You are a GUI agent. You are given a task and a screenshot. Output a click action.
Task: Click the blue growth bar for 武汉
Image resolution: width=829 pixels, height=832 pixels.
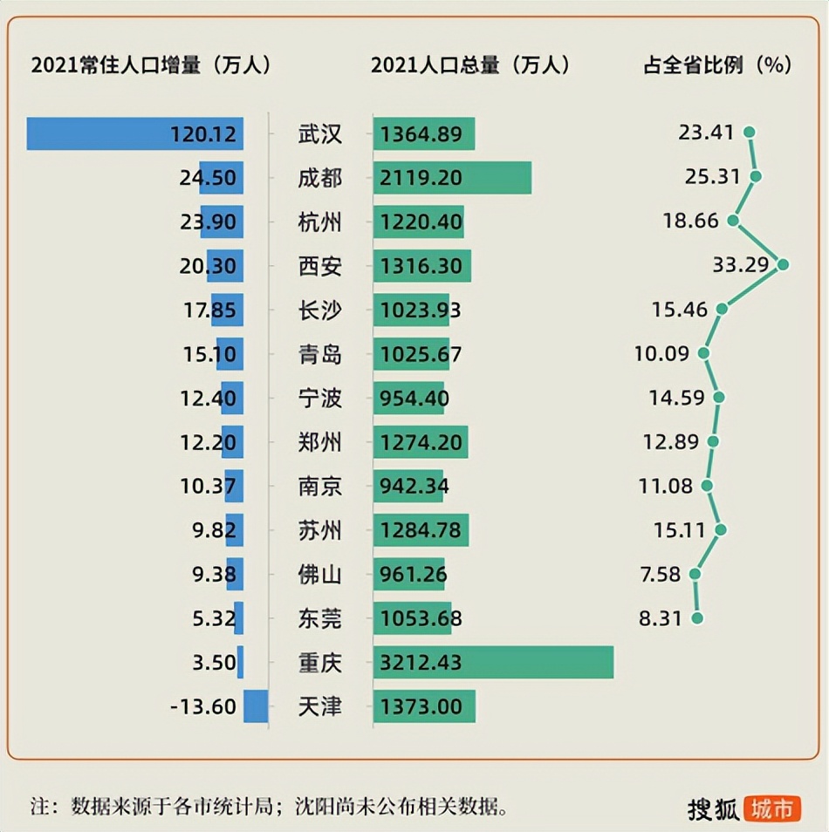click(x=134, y=133)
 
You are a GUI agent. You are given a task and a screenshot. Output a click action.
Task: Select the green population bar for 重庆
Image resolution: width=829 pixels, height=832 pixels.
click(x=493, y=662)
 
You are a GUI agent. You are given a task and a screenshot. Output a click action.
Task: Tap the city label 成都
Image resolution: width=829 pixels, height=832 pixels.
click(x=319, y=178)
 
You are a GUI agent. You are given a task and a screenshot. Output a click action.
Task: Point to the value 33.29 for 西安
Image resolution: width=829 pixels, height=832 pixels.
click(x=740, y=265)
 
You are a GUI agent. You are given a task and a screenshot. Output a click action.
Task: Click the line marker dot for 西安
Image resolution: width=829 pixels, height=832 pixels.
click(x=783, y=264)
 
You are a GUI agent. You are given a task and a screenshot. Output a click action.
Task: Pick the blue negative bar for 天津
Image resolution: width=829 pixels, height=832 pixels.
click(x=256, y=706)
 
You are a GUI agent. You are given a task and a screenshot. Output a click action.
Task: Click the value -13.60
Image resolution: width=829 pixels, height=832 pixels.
click(x=203, y=706)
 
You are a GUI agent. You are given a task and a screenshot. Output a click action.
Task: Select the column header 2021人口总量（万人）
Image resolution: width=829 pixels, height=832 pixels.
click(x=469, y=65)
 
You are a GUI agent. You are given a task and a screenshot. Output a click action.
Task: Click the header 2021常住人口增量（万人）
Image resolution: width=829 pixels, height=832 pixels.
click(x=151, y=65)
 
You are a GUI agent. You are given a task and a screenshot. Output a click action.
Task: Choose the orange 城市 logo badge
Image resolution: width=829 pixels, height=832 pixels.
click(x=772, y=808)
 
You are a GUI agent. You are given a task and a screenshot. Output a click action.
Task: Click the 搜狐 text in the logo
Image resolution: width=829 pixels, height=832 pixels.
click(x=713, y=808)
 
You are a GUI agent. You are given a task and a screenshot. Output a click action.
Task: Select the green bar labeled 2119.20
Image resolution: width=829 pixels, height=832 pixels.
click(x=452, y=178)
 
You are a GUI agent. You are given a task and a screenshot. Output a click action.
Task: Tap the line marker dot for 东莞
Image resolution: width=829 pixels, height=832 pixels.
click(x=696, y=618)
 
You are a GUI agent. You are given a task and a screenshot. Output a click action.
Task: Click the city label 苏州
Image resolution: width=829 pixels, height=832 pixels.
click(x=319, y=530)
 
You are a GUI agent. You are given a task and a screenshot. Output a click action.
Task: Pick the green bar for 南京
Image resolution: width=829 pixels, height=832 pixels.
click(x=408, y=486)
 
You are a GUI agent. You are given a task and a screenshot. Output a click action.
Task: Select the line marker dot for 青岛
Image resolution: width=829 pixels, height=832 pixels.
click(x=703, y=353)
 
